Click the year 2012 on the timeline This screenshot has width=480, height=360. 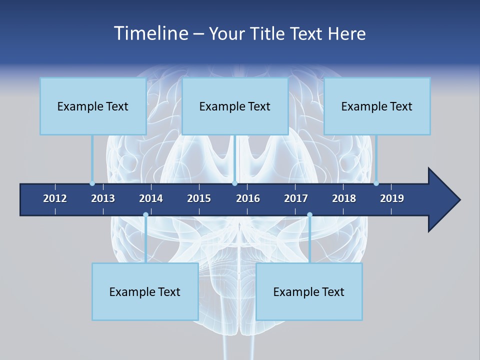coord(55,198)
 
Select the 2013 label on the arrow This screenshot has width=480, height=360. coord(103,198)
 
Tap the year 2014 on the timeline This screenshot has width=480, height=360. coord(151,198)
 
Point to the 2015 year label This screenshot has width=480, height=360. coord(199,198)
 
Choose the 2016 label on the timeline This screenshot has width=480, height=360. coord(248,198)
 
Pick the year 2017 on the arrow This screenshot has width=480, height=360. coord(296,198)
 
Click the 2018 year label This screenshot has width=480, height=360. coord(344,198)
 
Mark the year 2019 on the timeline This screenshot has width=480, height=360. coord(392,198)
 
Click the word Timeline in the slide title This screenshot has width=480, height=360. coord(151,33)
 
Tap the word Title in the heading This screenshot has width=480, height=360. coord(268,33)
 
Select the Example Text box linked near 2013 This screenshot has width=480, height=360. coord(93,106)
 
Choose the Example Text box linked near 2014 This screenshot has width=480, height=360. coord(145,291)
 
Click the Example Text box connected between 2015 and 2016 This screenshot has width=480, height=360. coord(235,106)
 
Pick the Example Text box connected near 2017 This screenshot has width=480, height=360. coord(309,291)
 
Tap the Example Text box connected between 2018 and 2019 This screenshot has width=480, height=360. coord(377,106)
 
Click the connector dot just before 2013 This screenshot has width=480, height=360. coord(92,183)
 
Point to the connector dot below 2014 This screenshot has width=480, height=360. coord(145,215)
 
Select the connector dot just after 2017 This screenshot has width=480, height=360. coord(309,215)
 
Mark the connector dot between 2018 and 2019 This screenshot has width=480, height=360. coord(376,183)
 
